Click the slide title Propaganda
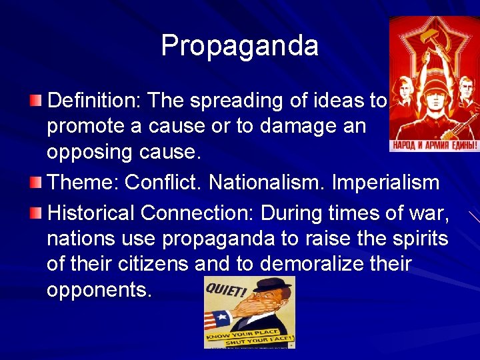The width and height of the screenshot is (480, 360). pyautogui.click(x=239, y=46)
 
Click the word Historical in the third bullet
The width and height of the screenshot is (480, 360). pyautogui.click(x=90, y=213)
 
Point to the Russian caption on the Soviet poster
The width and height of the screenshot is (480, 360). pyautogui.click(x=433, y=145)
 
